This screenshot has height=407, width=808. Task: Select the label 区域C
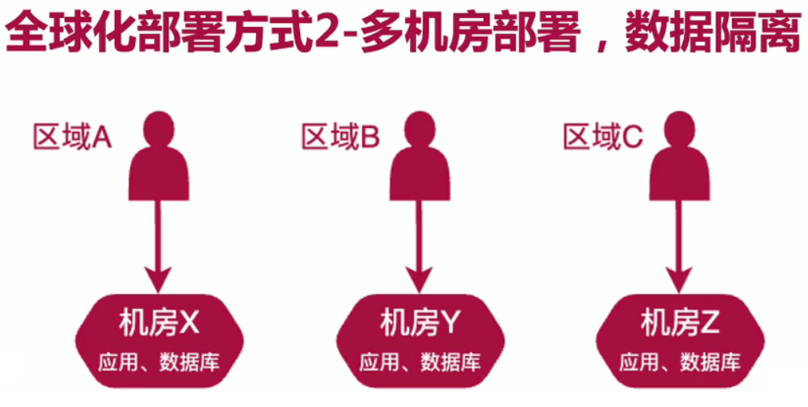pos(602,137)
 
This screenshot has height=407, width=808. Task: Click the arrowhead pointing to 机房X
pos(159,279)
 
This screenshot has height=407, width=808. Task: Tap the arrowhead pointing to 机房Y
pos(420,279)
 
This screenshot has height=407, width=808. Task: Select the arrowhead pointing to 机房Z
pos(679,279)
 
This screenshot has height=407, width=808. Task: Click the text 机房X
pos(160,322)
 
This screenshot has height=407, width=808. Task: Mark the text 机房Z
pos(680,322)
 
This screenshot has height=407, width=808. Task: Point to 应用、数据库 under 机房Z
pos(680,362)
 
